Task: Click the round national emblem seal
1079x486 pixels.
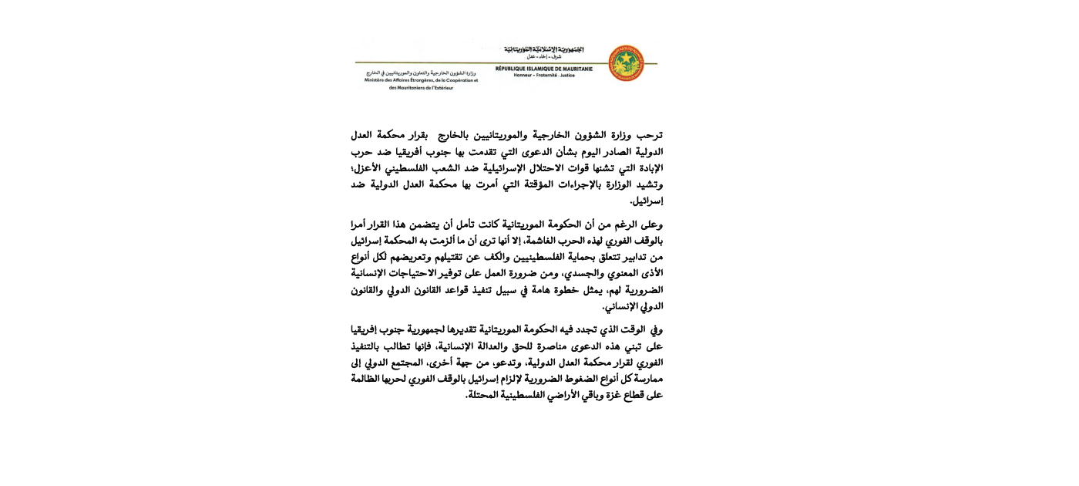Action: click(x=626, y=62)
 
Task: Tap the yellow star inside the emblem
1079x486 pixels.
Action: click(x=626, y=56)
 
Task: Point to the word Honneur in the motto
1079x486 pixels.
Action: click(x=525, y=76)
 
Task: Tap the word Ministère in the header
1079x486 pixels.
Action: click(x=378, y=80)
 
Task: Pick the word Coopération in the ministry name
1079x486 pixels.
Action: click(x=461, y=80)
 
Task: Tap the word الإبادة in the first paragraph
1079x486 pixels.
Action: click(x=648, y=168)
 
